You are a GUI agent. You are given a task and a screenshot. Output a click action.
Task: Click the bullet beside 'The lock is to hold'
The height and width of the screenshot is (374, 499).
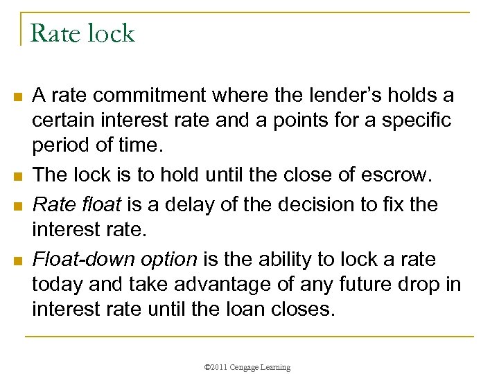(16, 177)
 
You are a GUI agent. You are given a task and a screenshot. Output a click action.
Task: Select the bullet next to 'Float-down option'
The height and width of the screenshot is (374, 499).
(16, 260)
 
